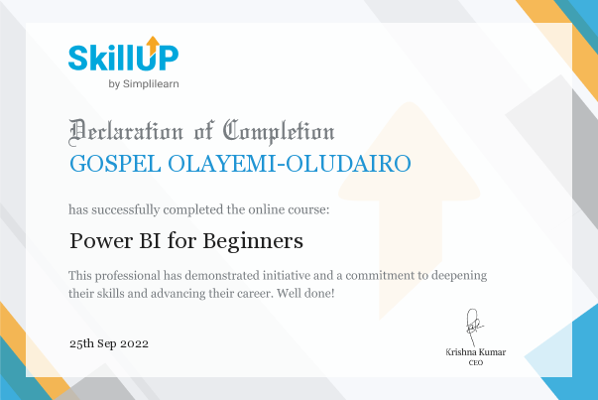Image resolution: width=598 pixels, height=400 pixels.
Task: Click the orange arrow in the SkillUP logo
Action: pos(153,45)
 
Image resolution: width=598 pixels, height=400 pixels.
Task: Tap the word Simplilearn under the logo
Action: pos(151,84)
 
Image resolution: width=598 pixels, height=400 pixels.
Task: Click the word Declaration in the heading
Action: pos(126,132)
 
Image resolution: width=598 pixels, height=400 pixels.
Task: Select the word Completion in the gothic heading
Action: pos(279,132)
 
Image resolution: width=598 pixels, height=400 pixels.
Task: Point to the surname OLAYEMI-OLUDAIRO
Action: pos(290,164)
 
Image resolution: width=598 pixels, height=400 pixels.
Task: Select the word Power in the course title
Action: pos(101,241)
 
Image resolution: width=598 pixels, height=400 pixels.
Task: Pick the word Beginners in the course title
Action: pos(253,241)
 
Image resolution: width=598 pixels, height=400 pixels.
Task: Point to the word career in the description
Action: pos(254,294)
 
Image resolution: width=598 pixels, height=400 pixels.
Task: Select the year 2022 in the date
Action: pos(134,343)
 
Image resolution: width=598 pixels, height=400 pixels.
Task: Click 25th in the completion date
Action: pos(81,343)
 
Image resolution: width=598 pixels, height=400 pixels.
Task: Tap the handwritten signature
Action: pos(474,328)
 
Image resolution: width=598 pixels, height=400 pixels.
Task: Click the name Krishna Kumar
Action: pos(476,352)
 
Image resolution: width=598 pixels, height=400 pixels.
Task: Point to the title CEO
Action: pos(476,362)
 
